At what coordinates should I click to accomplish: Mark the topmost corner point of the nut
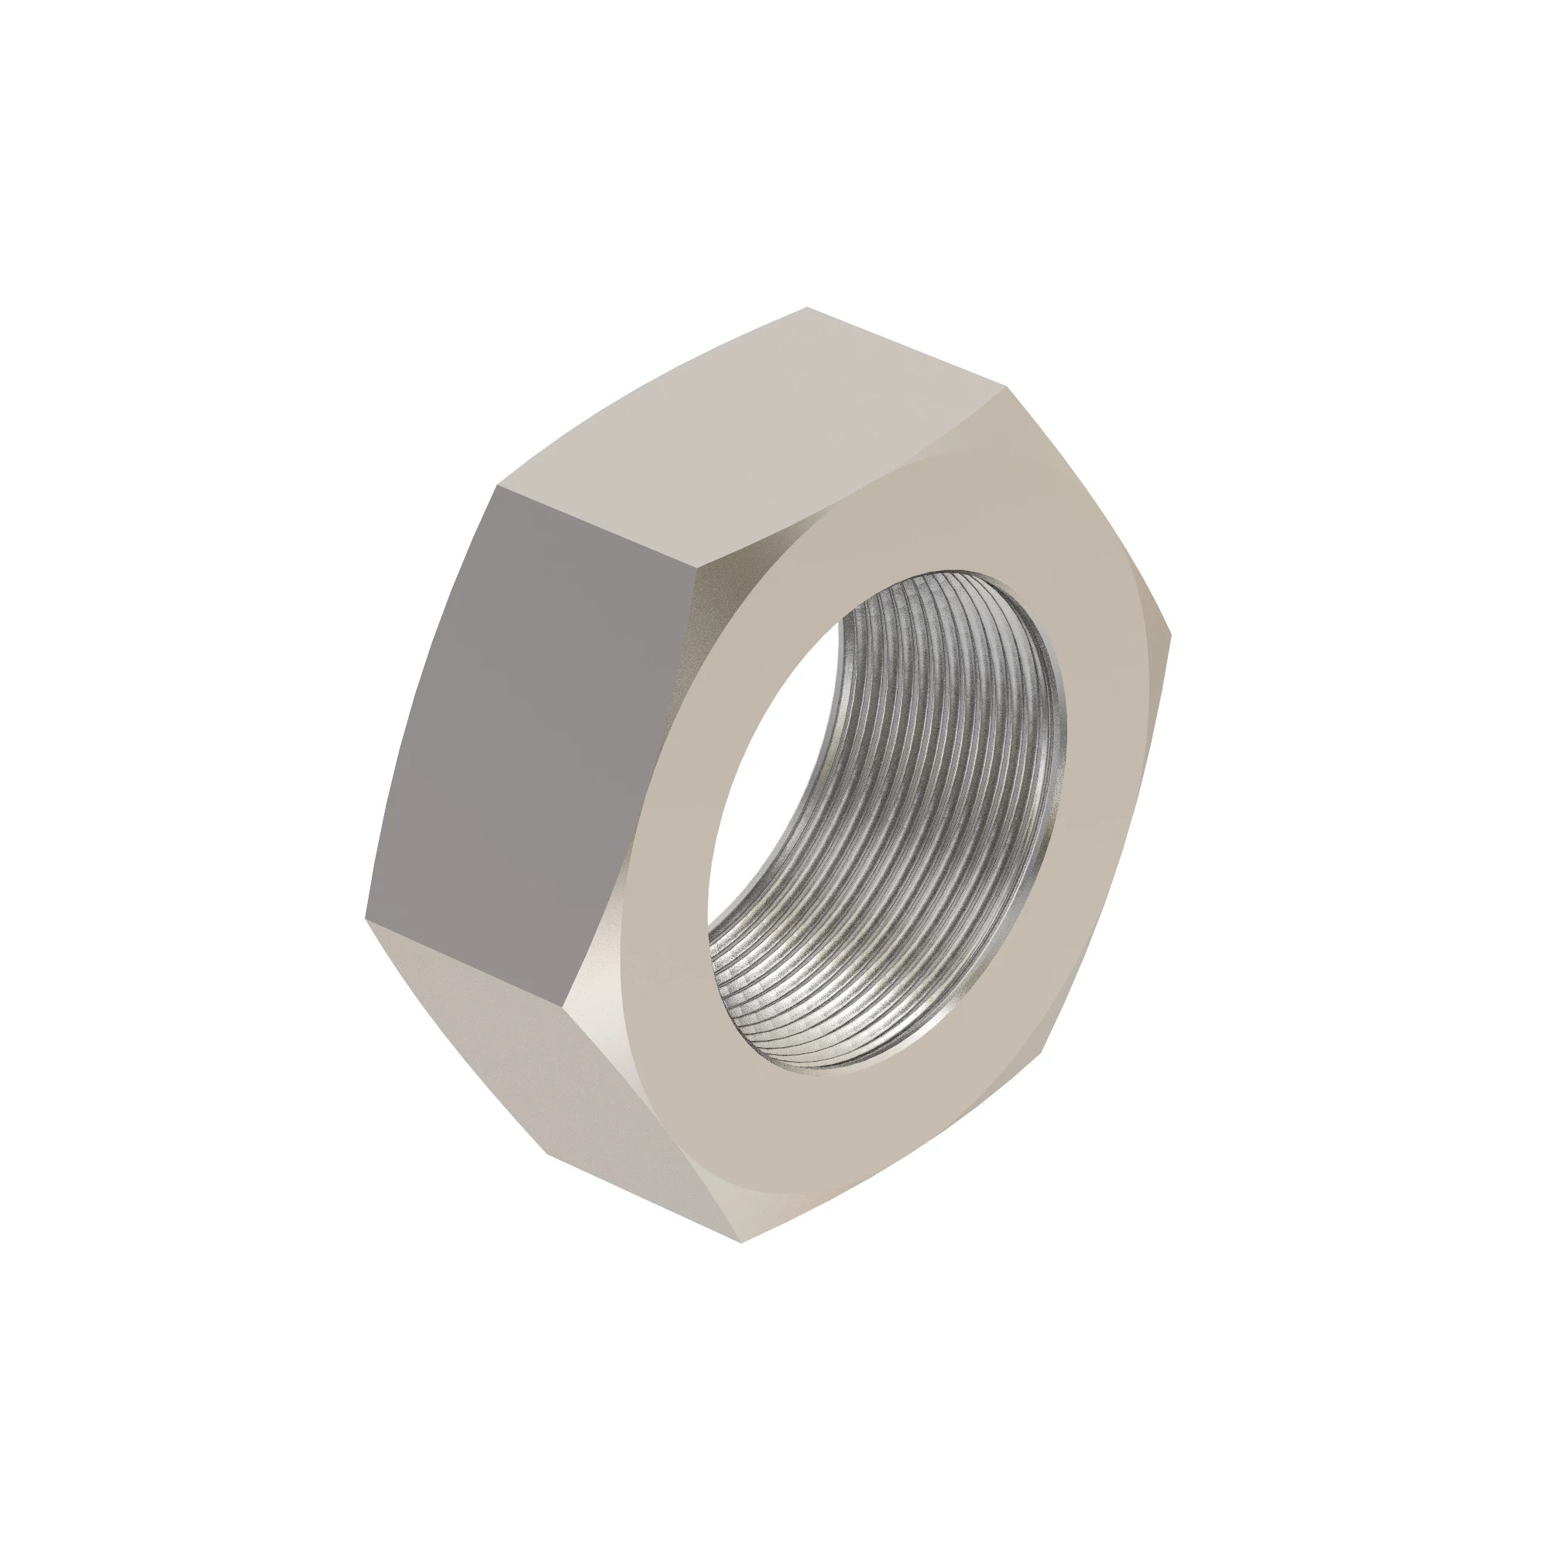pyautogui.click(x=806, y=308)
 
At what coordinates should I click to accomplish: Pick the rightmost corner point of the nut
pyautogui.click(x=1171, y=636)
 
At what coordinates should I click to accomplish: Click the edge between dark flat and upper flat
pyautogui.click(x=593, y=538)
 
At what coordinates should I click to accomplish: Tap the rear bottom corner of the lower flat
pyautogui.click(x=545, y=1155)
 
